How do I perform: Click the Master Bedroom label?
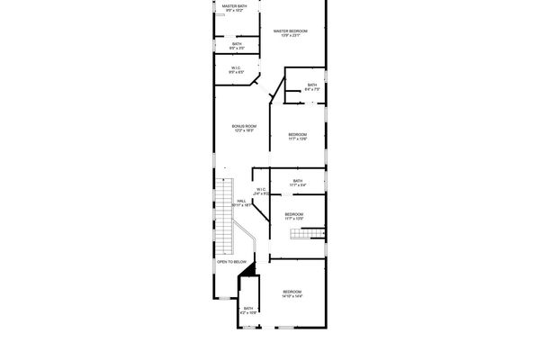tap(291, 31)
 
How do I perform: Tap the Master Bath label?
tap(236, 6)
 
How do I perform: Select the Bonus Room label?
tap(245, 126)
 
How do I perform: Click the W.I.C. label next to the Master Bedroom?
tap(236, 68)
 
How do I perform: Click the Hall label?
tap(242, 202)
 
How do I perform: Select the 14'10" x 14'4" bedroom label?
tap(292, 292)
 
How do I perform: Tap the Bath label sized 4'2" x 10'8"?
tap(248, 309)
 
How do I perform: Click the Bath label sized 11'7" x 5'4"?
tap(297, 181)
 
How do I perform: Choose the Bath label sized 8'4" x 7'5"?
tap(310, 85)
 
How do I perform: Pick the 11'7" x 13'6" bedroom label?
tap(298, 134)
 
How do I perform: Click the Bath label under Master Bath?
tap(237, 44)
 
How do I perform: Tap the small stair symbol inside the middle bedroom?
tap(305, 234)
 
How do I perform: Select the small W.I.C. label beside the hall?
tap(261, 189)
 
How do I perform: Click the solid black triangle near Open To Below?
tap(253, 268)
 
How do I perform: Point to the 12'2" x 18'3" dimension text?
tap(245, 130)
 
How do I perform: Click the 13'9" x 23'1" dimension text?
tap(291, 35)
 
